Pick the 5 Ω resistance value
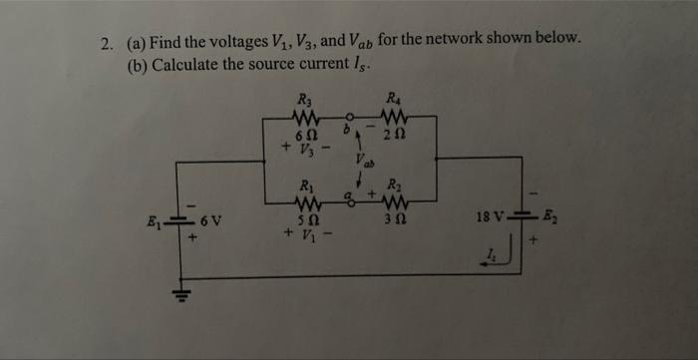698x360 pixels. (x=308, y=220)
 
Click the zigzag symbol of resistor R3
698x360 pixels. (x=305, y=119)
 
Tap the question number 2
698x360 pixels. (x=106, y=45)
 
